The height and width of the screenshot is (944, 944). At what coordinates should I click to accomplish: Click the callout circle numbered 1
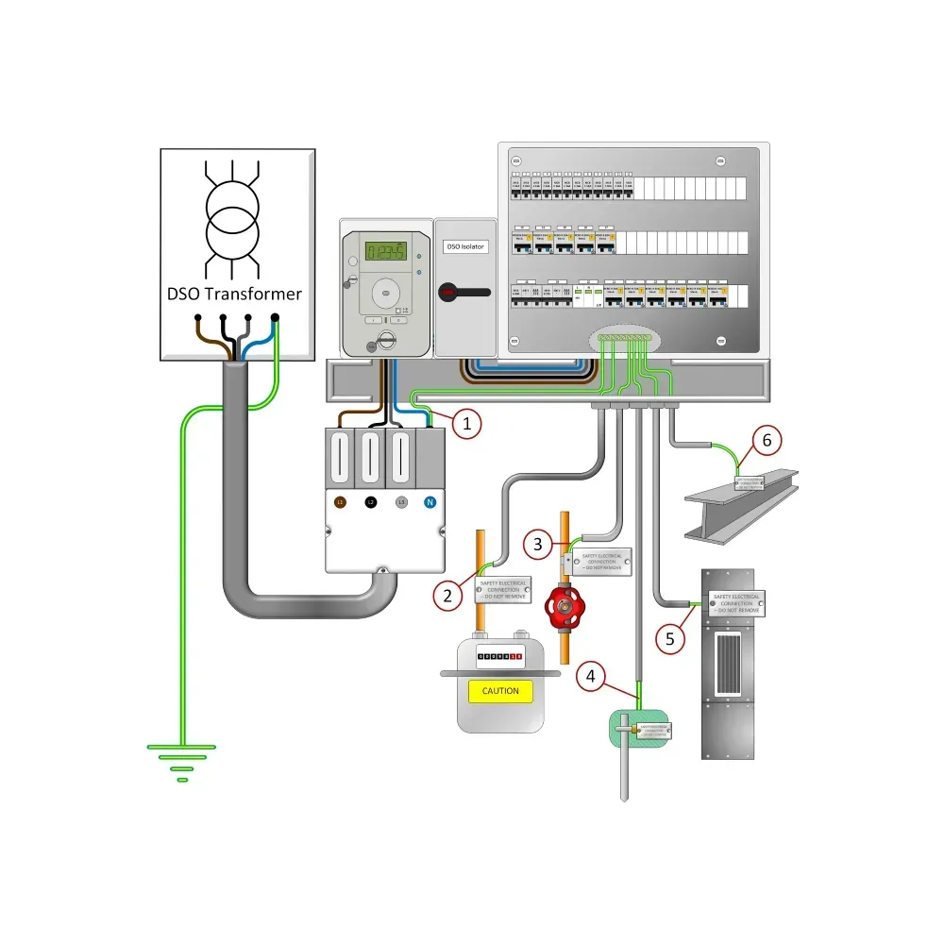point(466,424)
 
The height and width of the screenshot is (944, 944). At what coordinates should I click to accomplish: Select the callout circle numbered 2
point(448,594)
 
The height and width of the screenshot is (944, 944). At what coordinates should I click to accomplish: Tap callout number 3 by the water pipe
point(537,544)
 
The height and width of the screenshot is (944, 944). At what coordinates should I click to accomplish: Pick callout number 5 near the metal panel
point(670,638)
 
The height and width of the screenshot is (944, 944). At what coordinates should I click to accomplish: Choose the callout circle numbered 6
point(767,439)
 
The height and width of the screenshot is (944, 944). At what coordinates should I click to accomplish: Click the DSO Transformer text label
point(235,294)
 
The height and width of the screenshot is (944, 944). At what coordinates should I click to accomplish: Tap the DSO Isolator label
point(465,246)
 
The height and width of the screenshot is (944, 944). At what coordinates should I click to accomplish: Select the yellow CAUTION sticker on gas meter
point(500,691)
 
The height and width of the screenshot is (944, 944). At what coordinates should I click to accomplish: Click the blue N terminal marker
point(430,503)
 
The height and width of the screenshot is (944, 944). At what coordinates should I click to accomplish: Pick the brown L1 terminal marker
point(341,503)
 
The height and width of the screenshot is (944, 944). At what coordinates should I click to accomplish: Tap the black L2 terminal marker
point(371,503)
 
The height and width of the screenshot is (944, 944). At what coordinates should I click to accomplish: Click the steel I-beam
point(741,505)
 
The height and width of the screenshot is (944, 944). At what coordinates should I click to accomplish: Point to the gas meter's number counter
point(499,655)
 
